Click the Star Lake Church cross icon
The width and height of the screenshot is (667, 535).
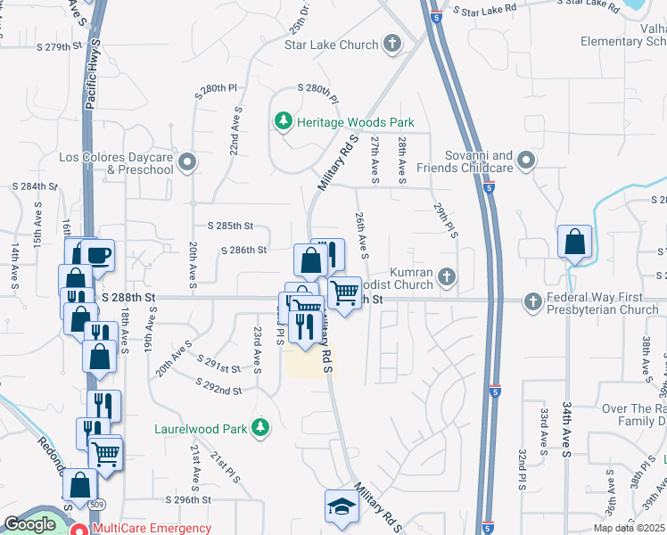click(x=391, y=43)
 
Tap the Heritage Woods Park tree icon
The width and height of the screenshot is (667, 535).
click(x=284, y=121)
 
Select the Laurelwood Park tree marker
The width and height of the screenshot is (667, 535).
click(x=260, y=429)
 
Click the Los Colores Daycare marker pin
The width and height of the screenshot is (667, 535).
click(x=187, y=162)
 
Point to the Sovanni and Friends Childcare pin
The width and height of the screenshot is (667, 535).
click(x=526, y=160)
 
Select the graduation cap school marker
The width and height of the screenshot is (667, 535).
click(x=341, y=508)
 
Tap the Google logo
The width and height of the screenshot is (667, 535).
click(x=29, y=524)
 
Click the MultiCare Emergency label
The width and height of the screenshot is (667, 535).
click(x=152, y=528)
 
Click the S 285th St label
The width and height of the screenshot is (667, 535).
click(x=231, y=226)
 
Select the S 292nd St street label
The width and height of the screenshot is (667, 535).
click(x=219, y=390)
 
